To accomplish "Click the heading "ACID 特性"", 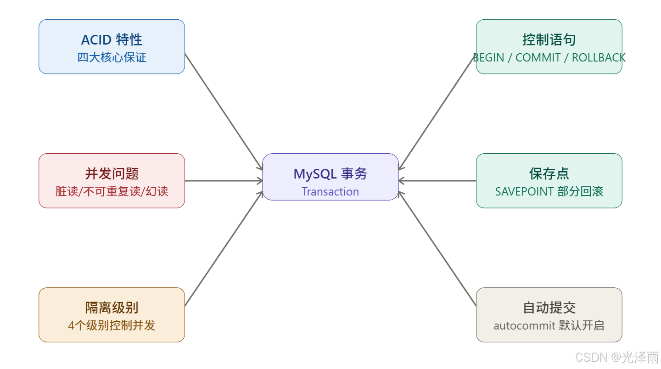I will click(x=112, y=40).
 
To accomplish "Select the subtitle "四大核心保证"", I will click(x=112, y=58).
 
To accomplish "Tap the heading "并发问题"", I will click(x=112, y=174).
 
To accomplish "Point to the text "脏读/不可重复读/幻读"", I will click(x=112, y=191).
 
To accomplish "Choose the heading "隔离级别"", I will click(x=112, y=308).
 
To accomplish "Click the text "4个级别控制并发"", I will click(x=112, y=325).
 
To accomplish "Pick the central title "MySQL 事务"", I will click(x=330, y=174).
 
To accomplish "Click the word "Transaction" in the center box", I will click(x=330, y=192).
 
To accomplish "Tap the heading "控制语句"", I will click(x=549, y=40).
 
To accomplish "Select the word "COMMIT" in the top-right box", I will click(x=538, y=58).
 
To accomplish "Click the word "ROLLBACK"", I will click(x=599, y=58).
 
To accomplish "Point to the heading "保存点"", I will click(x=549, y=174).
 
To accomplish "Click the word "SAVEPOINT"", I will click(x=524, y=192).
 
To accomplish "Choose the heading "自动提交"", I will click(x=549, y=308).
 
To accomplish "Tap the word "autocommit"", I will click(x=524, y=326).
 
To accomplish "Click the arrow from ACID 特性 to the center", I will click(x=223, y=112).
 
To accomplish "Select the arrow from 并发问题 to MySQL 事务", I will click(x=223, y=181).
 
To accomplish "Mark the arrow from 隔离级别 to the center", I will click(x=223, y=249).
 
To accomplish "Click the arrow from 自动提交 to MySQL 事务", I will click(x=437, y=249).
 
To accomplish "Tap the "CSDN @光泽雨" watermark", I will click(x=616, y=357).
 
